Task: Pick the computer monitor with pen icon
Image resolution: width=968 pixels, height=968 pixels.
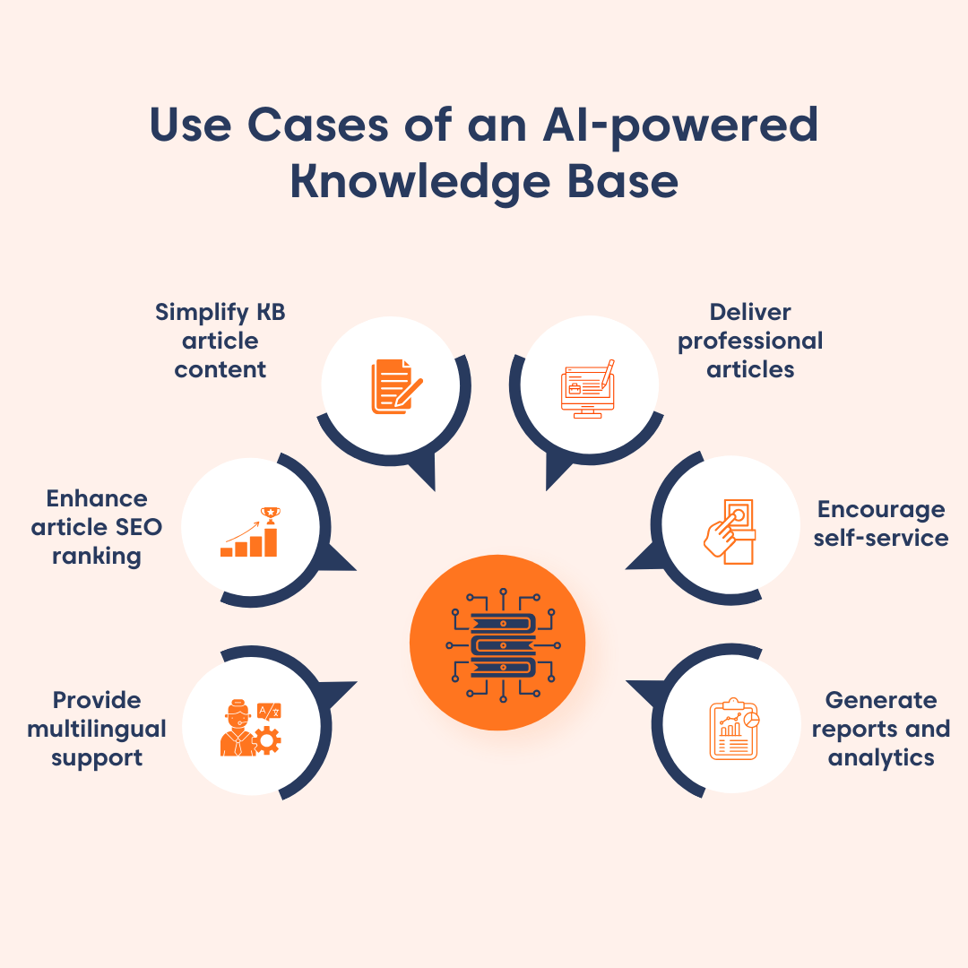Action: tap(588, 388)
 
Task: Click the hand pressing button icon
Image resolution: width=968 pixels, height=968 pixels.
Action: tap(729, 532)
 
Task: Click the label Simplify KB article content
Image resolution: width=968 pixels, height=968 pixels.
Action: tap(220, 341)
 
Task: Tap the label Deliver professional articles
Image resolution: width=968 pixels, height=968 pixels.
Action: tap(750, 341)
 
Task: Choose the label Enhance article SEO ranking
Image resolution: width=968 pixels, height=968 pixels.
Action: tap(97, 527)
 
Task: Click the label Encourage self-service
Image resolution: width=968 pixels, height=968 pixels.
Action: tap(881, 523)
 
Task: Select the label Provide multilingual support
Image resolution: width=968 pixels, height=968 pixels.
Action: tap(97, 729)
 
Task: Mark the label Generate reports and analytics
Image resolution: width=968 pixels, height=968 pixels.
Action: tap(881, 729)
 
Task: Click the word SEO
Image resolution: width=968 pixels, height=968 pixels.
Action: tap(140, 527)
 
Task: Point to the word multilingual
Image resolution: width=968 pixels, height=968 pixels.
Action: tap(97, 729)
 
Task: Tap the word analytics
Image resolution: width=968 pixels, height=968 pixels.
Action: tap(881, 757)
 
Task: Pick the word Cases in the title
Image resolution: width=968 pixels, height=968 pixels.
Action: tap(319, 125)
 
